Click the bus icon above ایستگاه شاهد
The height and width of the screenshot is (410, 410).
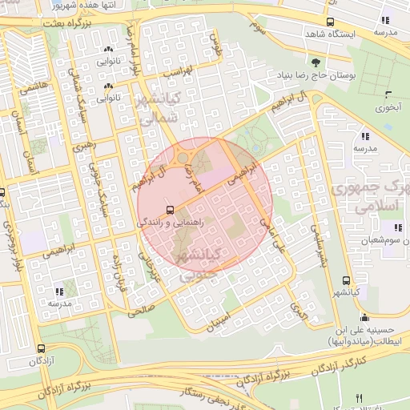331,22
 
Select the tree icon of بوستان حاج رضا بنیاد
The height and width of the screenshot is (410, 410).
316,62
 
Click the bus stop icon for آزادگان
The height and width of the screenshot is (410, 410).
41,349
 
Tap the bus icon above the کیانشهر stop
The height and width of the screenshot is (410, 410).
346,280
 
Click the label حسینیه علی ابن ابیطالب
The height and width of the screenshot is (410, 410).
364,336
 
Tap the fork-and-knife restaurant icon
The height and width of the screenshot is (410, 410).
359,399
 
